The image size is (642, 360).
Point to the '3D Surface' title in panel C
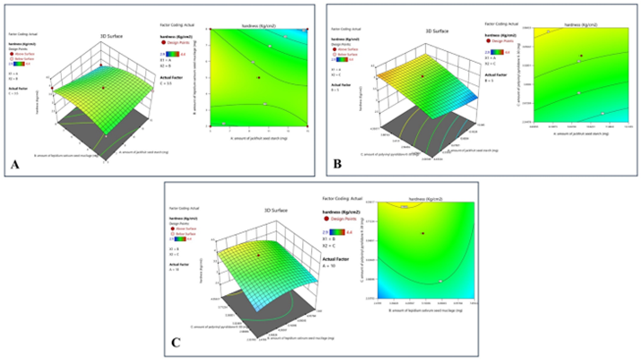click(x=275, y=210)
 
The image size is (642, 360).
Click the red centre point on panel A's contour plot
click(x=259, y=77)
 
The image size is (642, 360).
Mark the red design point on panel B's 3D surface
click(x=422, y=76)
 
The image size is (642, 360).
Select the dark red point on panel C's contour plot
click(x=422, y=233)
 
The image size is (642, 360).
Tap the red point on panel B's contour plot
click(x=581, y=56)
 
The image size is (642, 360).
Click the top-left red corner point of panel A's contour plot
click(x=210, y=29)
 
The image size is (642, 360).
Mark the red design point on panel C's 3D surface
click(x=258, y=255)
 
